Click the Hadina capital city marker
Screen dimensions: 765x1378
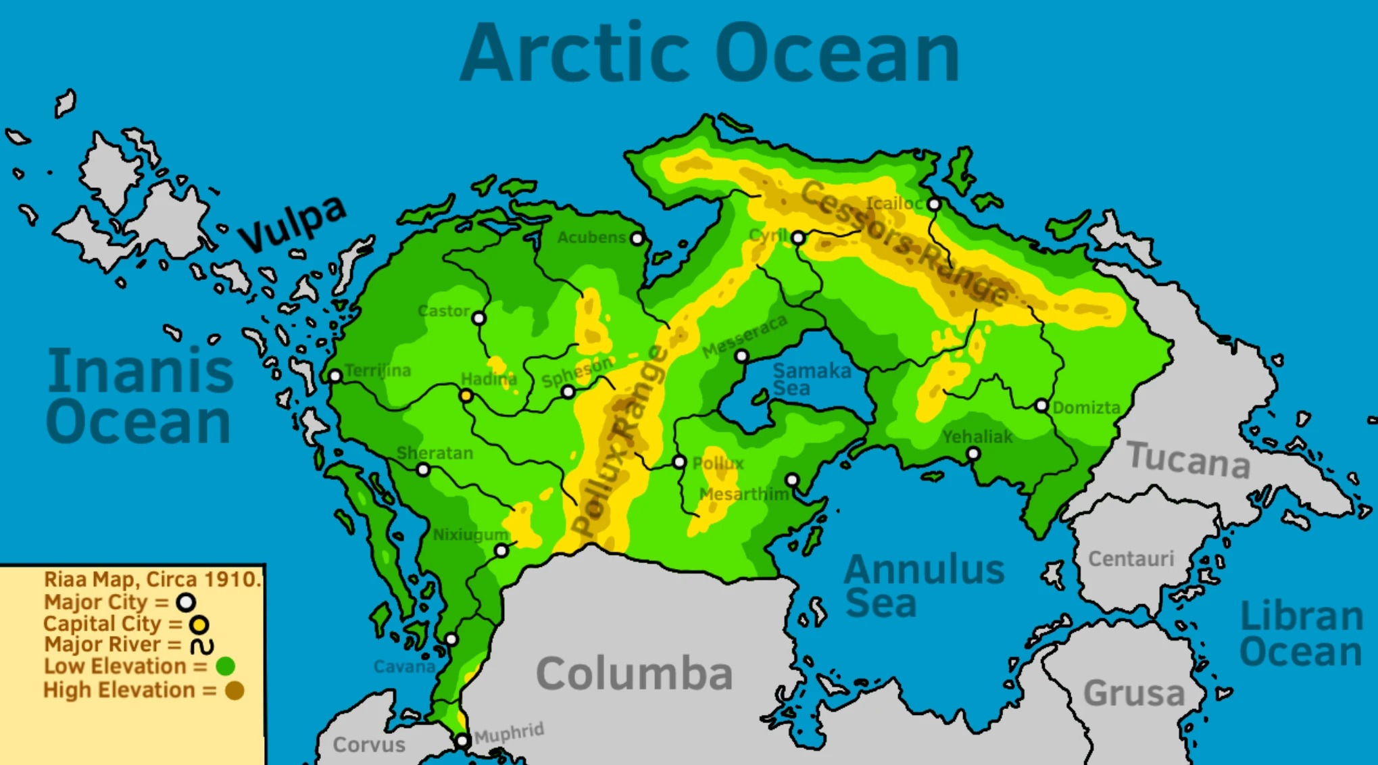point(466,396)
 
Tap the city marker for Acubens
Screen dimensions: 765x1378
point(637,239)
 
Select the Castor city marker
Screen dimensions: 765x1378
point(478,318)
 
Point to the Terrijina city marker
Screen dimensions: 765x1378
point(335,376)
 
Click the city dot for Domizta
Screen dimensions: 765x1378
point(1041,406)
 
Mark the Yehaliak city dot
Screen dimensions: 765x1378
point(973,453)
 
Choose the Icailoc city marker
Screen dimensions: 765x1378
point(933,204)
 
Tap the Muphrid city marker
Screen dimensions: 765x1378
point(462,741)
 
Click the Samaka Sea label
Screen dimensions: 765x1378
point(811,379)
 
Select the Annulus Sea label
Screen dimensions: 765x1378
point(923,585)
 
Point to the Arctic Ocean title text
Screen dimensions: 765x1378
point(710,53)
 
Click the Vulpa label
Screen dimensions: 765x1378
point(292,223)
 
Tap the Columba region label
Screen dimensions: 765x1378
point(634,673)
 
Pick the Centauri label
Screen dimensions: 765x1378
point(1131,559)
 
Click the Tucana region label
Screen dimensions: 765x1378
point(1188,460)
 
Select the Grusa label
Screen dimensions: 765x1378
point(1133,693)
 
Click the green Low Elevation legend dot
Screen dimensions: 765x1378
point(225,666)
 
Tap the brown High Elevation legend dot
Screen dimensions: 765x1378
point(235,691)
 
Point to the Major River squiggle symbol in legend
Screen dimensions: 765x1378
point(201,646)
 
